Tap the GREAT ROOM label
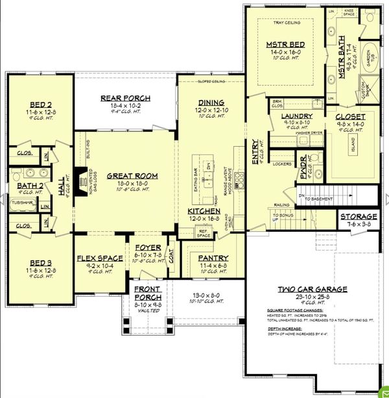pos(124,175)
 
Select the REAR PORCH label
pos(126,98)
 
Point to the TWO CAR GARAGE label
pos(312,289)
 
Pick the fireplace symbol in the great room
pos(78,179)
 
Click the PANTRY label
pos(213,258)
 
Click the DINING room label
pos(211,103)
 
